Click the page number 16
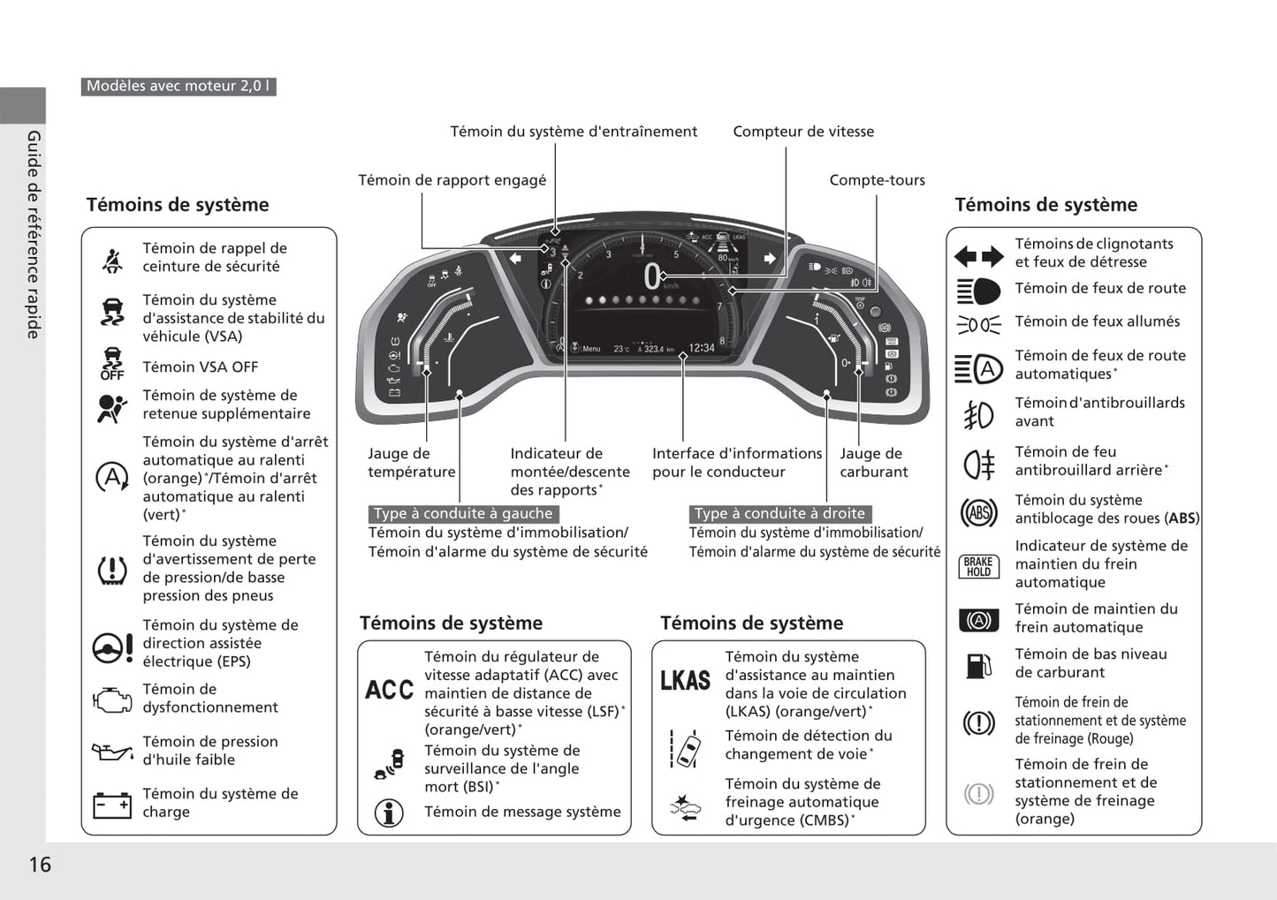click(40, 864)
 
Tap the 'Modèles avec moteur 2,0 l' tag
click(179, 87)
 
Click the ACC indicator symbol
click(389, 690)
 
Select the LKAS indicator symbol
click(685, 680)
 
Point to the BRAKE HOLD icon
click(977, 566)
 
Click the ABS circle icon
click(978, 512)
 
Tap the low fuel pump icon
click(977, 665)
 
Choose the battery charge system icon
click(112, 805)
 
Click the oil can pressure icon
click(112, 752)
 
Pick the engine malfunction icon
click(112, 700)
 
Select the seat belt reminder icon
click(112, 260)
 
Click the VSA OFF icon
click(112, 364)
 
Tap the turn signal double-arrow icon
click(978, 256)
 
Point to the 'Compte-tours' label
click(877, 180)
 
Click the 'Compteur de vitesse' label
click(802, 132)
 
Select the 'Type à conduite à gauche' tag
click(463, 514)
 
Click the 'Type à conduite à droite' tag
click(779, 514)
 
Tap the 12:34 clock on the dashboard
click(702, 348)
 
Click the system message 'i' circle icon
click(389, 813)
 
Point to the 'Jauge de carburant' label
click(873, 463)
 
